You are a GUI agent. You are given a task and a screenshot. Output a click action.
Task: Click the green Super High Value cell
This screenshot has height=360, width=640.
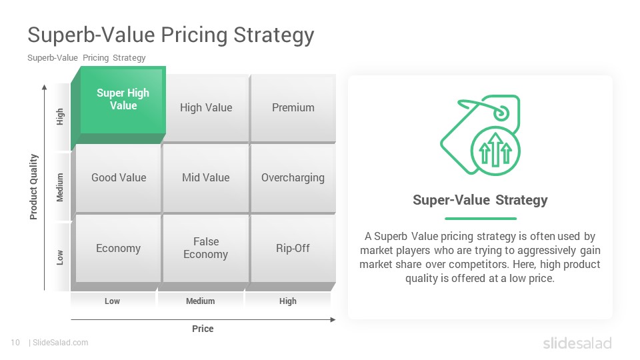(123, 100)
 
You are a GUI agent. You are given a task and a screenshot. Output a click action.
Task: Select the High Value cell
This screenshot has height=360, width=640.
(206, 108)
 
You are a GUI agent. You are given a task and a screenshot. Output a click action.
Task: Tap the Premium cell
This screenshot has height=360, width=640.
(293, 108)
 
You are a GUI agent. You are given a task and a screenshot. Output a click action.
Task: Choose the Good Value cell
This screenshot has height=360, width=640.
(119, 178)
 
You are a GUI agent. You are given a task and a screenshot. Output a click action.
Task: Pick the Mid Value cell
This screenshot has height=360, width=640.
(206, 178)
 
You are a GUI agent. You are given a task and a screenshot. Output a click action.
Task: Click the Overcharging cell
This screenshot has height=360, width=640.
(293, 178)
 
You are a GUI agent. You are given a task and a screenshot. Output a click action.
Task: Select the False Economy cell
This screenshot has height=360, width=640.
(206, 248)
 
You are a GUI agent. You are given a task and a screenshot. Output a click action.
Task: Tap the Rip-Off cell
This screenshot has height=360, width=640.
(293, 248)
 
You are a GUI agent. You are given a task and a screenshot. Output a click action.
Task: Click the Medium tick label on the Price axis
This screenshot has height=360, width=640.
(201, 301)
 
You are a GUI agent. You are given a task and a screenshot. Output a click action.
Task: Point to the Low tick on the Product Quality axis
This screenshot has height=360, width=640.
(60, 257)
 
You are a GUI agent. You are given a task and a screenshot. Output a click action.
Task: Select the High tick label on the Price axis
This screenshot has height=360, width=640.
(288, 301)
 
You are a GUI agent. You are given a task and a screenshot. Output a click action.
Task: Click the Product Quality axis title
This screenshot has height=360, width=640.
(33, 187)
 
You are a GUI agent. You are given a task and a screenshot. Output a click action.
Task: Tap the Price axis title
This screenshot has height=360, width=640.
(203, 329)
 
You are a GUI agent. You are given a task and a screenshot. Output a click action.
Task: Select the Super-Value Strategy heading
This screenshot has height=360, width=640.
(480, 200)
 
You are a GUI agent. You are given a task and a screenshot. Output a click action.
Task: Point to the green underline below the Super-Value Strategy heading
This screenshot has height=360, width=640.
(481, 219)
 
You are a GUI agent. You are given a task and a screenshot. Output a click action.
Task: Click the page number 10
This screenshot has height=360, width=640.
(15, 343)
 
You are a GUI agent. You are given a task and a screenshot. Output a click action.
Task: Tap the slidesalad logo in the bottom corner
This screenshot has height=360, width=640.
(577, 343)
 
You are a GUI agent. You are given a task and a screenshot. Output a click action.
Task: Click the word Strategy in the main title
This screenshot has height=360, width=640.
(274, 35)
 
